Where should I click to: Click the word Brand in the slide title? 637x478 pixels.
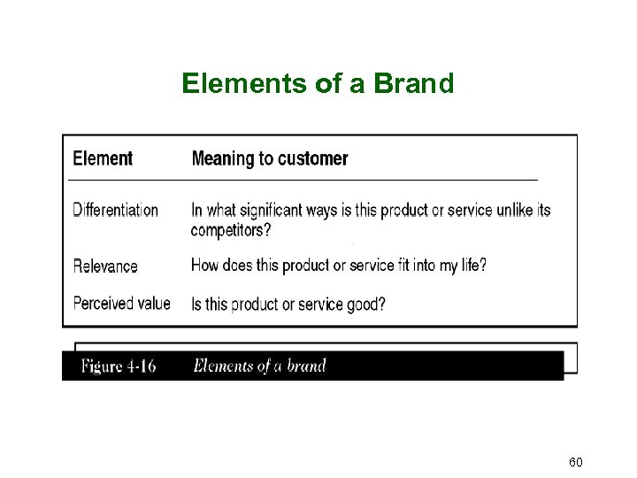coord(413,83)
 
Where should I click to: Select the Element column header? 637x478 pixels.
coord(103,158)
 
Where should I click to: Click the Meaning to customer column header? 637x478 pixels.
coord(270,158)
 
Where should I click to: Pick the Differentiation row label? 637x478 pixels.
coord(115,210)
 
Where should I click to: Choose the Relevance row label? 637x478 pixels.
coord(105,266)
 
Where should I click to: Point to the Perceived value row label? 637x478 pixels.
coord(121,304)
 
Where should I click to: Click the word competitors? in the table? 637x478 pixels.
coord(231,230)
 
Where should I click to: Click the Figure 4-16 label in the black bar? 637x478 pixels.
coord(119,366)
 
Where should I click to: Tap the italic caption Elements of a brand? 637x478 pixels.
coord(259,366)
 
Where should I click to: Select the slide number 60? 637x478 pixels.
coord(575,463)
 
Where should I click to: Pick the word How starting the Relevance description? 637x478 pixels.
coord(205,265)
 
